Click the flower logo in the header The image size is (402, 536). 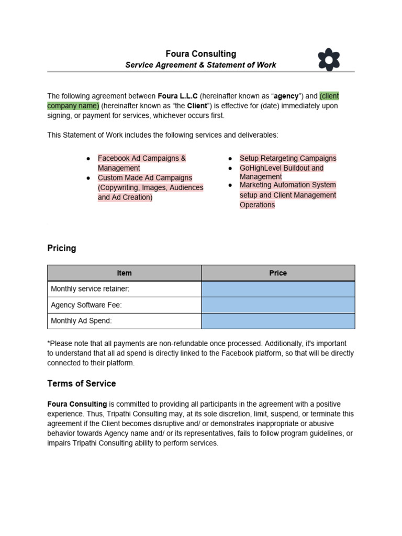coord(329,59)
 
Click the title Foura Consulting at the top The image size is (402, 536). coord(201,54)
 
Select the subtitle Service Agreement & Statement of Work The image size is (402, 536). coord(201,65)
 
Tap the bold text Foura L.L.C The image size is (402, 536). coord(177,96)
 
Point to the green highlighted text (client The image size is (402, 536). coord(329,96)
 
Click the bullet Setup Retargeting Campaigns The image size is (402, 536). coord(288,158)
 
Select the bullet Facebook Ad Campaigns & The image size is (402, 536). coord(142,158)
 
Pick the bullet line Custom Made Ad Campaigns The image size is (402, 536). coord(145,178)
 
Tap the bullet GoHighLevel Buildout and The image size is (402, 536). coord(282,168)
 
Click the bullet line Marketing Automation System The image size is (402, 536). coord(288,185)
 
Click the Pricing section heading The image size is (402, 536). coord(62,248)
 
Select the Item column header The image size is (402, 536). coord(125,273)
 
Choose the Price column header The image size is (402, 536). coord(278,273)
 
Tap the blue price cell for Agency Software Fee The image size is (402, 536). coord(278,305)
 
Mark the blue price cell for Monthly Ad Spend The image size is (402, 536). coord(278,321)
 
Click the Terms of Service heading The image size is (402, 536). coord(82,384)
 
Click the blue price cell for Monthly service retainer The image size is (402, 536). coord(278,289)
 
